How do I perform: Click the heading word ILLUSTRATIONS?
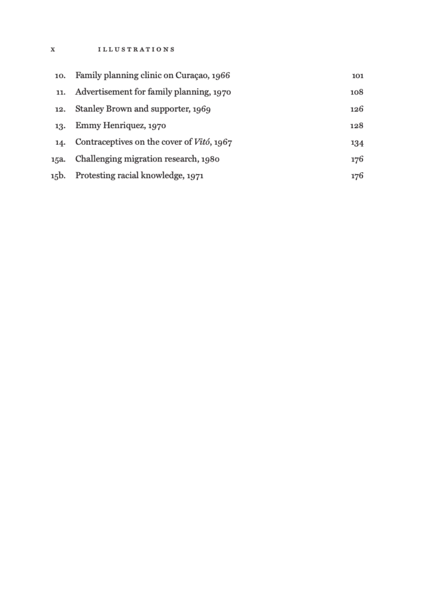(x=136, y=49)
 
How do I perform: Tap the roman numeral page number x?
(x=53, y=49)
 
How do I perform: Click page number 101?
(x=358, y=76)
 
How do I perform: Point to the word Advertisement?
(x=102, y=92)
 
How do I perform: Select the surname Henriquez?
(x=122, y=126)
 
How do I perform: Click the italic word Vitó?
(x=203, y=142)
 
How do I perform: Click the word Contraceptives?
(x=103, y=142)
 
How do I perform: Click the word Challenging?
(x=98, y=159)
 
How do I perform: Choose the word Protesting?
(x=95, y=176)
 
